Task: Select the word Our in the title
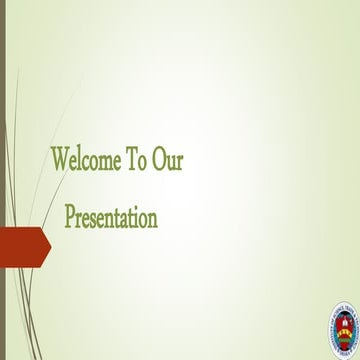click(x=169, y=160)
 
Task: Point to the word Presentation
click(x=111, y=216)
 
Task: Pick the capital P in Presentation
click(x=71, y=216)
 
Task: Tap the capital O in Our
click(x=163, y=160)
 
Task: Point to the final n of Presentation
click(x=152, y=218)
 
